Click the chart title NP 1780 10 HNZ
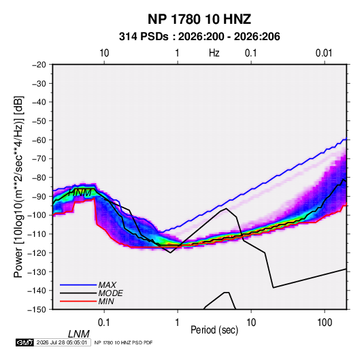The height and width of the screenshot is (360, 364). coord(199,19)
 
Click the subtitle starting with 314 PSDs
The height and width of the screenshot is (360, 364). coord(199,37)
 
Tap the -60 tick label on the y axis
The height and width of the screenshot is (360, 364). coord(39,140)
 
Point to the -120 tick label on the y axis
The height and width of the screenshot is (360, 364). coord(37,253)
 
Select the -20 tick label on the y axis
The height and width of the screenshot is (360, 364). coord(39,65)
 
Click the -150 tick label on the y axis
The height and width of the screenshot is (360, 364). coord(37,310)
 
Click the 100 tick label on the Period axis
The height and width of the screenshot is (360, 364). coord(325,323)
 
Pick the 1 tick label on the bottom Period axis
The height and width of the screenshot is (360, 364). coord(178,323)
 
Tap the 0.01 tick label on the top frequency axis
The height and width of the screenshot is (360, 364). coord(324,53)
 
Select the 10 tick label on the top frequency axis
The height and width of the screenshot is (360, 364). coord(104,53)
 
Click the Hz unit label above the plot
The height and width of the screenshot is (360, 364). coord(214,53)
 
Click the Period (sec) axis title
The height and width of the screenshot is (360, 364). coord(214,330)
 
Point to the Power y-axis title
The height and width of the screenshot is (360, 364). coord(18,187)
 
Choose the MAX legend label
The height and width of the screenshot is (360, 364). coord(107,285)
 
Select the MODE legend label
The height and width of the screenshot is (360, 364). coord(110,293)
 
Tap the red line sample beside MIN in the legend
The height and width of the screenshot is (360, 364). coord(78,301)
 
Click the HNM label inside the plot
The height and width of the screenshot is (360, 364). coord(80,193)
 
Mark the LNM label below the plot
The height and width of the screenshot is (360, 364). coord(79,334)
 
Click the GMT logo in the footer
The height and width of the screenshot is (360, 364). coord(24,342)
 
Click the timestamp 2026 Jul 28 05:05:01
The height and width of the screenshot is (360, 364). coord(62,342)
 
